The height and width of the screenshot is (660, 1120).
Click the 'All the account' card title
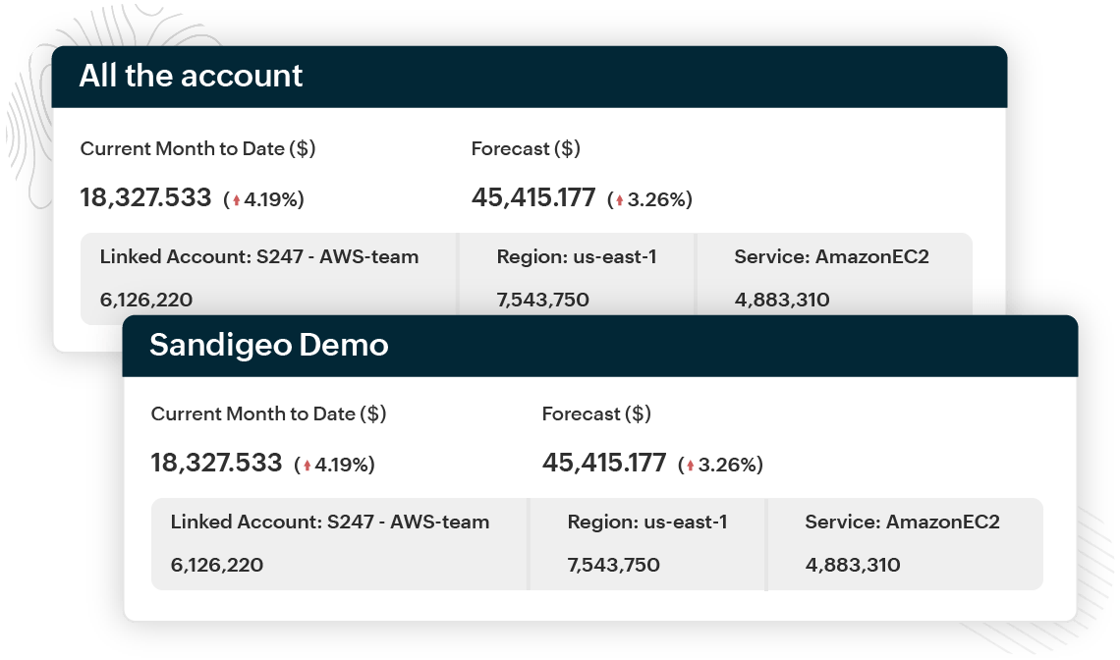(191, 76)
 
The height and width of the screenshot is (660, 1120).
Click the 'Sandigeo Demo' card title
(268, 345)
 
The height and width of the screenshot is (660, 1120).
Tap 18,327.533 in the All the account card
(145, 197)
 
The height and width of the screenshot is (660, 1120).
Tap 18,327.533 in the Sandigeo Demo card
(216, 463)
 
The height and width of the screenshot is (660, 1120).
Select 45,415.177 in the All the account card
(533, 197)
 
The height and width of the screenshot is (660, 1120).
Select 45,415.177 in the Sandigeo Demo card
(604, 463)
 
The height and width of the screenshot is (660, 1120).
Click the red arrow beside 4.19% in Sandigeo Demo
(308, 466)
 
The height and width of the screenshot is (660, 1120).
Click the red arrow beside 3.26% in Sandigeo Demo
(691, 466)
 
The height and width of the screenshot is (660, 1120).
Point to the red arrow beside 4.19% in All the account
(237, 200)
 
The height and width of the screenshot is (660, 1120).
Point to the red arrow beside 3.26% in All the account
(620, 200)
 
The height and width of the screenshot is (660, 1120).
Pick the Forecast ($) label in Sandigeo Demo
(596, 413)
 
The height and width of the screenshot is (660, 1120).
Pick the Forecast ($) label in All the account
(526, 148)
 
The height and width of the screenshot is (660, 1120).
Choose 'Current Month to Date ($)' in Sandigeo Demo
(268, 413)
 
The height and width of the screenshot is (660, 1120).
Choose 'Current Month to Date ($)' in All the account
(197, 148)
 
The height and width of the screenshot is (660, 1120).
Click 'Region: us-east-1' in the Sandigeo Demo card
(647, 522)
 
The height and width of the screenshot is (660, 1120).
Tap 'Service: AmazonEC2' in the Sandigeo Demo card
(902, 522)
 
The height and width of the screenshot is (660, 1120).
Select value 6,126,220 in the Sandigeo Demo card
(216, 565)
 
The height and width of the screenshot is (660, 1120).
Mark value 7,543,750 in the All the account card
(543, 300)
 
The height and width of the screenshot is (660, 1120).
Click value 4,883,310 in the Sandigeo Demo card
(853, 565)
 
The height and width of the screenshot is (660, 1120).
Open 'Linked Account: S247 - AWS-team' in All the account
(259, 257)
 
